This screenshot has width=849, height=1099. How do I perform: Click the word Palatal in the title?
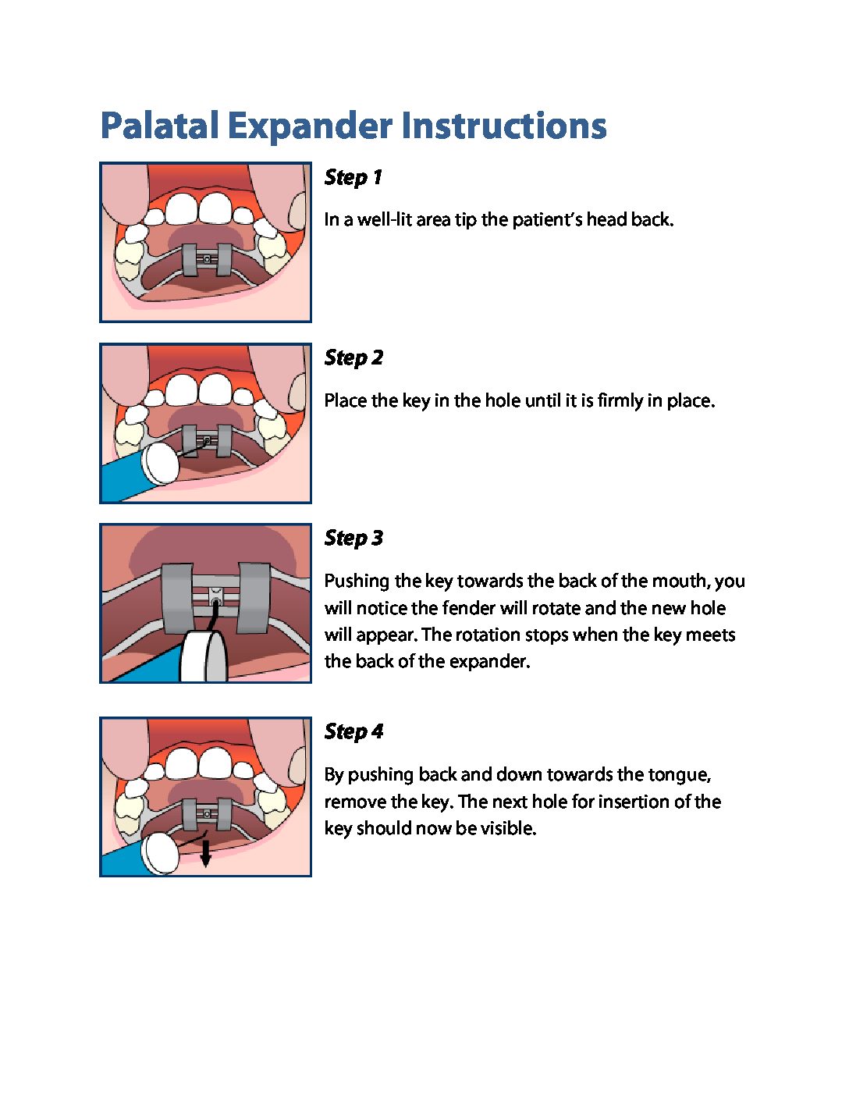pyautogui.click(x=159, y=126)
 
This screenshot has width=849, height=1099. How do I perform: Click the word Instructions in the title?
pyautogui.click(x=503, y=126)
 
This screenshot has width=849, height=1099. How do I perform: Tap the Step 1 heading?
pyautogui.click(x=353, y=177)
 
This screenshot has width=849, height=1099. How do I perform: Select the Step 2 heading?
pyautogui.click(x=353, y=358)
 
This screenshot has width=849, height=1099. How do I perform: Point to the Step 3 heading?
pyautogui.click(x=353, y=538)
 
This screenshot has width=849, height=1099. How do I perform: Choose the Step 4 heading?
pyautogui.click(x=353, y=731)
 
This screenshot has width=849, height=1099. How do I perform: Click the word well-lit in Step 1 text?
pyautogui.click(x=386, y=220)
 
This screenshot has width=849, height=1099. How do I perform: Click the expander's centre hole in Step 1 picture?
pyautogui.click(x=206, y=259)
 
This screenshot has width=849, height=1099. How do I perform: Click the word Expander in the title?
pyautogui.click(x=310, y=126)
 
